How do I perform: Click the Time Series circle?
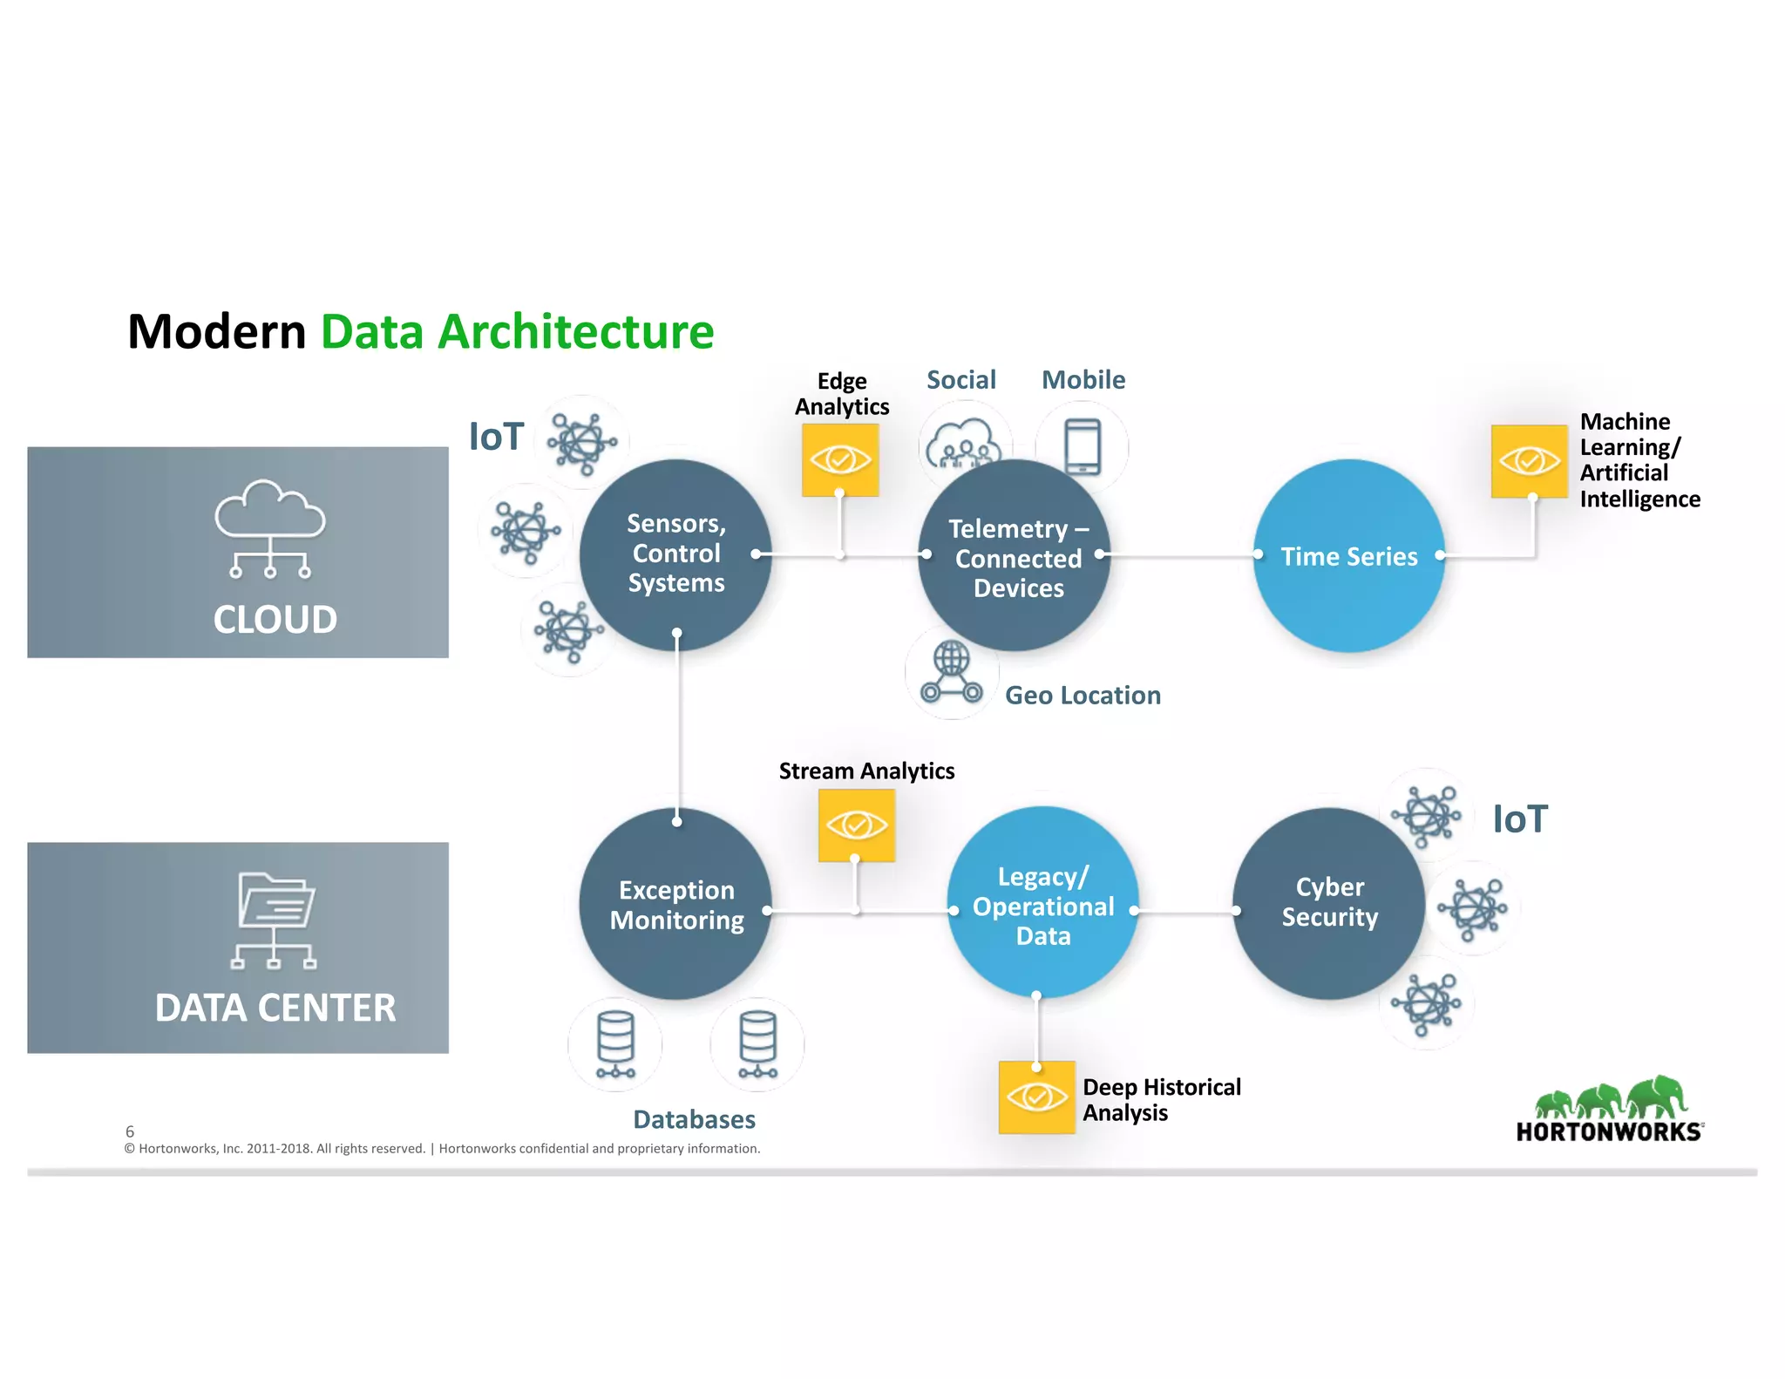click(1348, 555)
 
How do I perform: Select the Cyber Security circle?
click(1328, 903)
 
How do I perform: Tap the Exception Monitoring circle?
click(676, 905)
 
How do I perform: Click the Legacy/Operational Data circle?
click(1042, 904)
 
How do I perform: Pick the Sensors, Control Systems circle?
click(675, 554)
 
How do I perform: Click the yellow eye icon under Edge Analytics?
click(840, 459)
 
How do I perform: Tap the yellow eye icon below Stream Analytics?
click(856, 825)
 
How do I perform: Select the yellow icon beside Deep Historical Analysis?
click(1036, 1097)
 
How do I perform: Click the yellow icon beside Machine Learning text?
click(1529, 460)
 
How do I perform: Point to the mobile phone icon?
click(1083, 445)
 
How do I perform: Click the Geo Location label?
click(1083, 695)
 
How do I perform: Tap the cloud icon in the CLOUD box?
click(270, 528)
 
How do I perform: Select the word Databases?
click(694, 1119)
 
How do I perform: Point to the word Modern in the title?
click(217, 332)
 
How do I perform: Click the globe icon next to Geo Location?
click(951, 673)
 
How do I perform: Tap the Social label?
click(960, 380)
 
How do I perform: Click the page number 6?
click(130, 1131)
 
